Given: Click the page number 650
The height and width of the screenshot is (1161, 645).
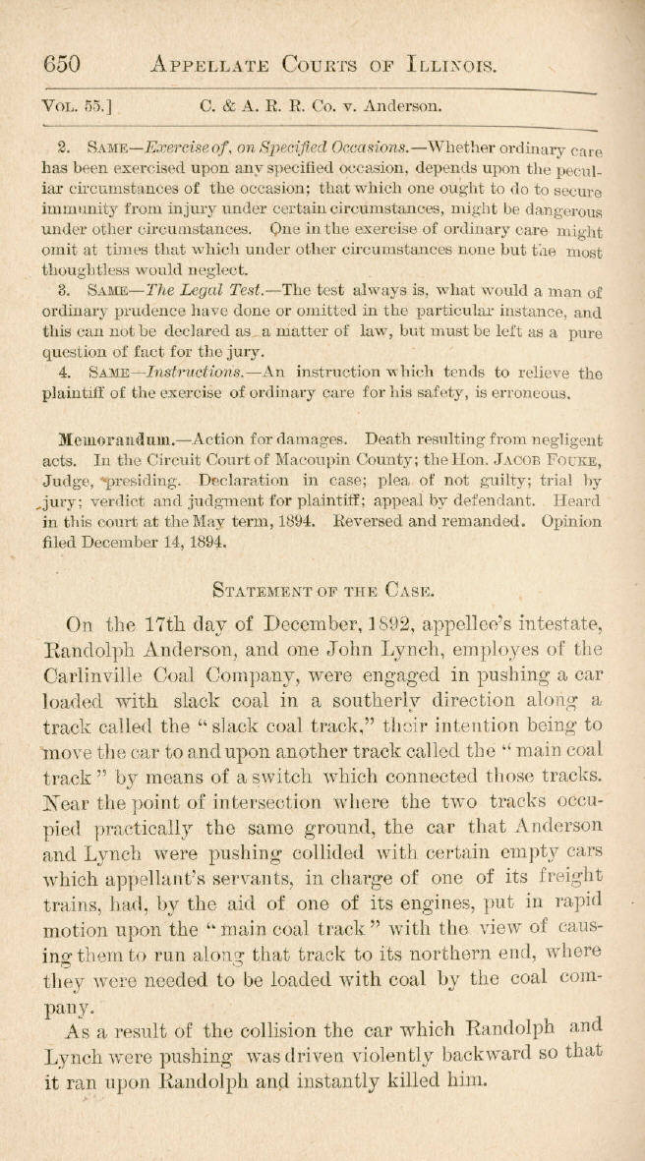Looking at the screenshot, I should [x=60, y=65].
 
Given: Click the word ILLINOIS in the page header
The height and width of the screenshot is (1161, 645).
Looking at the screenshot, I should [x=451, y=65].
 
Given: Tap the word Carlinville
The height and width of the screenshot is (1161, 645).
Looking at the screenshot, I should [x=106, y=677].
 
